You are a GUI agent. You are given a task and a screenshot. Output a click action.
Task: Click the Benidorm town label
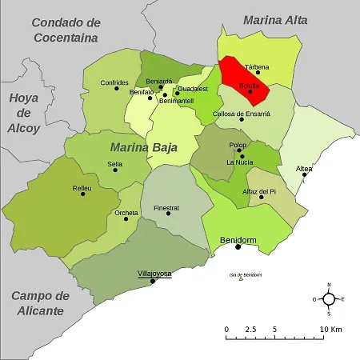[x=237, y=239]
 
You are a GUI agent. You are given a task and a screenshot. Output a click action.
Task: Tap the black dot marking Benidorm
[x=238, y=247]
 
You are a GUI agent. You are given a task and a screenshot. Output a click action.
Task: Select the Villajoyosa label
[x=154, y=274]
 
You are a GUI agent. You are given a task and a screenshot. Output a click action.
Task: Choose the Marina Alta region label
[x=274, y=20]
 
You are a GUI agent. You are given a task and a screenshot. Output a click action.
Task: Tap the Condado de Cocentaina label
[x=77, y=29]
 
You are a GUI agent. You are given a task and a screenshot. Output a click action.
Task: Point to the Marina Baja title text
[x=145, y=146]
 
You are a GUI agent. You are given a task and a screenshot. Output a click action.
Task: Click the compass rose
[x=328, y=299]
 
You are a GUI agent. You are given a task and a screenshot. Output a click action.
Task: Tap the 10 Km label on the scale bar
[x=330, y=330]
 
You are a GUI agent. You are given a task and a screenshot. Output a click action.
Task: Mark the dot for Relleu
[x=82, y=194]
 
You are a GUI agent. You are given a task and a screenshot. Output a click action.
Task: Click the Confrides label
[x=114, y=82]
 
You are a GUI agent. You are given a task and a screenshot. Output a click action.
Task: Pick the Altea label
[x=304, y=168]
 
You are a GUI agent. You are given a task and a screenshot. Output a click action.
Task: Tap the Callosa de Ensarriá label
[x=242, y=114]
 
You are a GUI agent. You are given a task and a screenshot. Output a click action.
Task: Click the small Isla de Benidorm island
[x=241, y=279]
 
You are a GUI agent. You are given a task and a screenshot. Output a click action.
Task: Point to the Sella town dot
[x=115, y=170]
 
